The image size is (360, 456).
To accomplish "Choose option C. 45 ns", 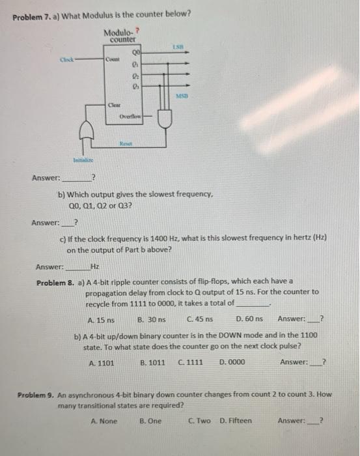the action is (x=197, y=319).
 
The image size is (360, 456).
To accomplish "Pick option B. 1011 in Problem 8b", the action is (x=152, y=362).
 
